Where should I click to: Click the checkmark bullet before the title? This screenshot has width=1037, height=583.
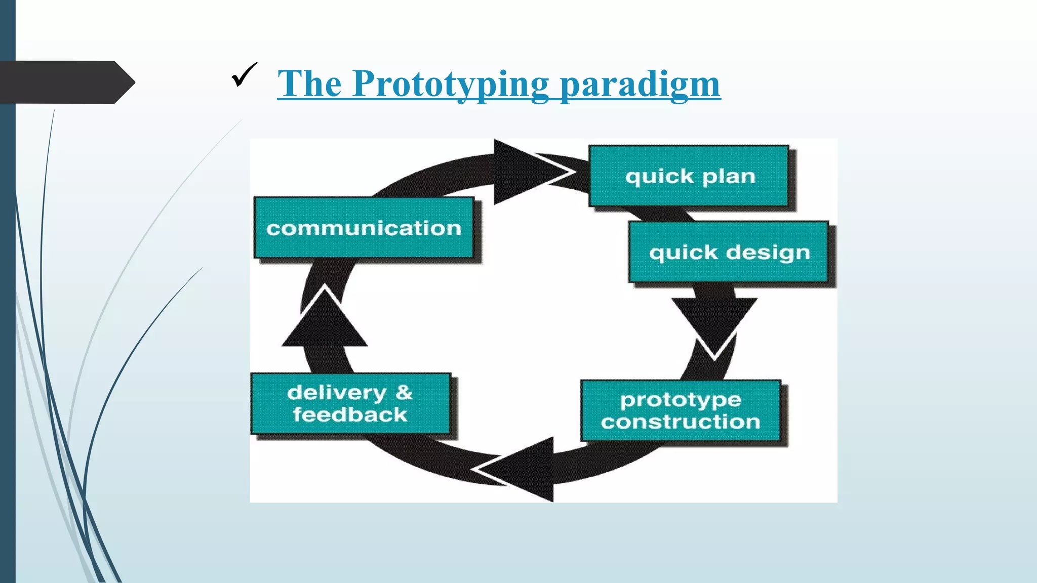[x=244, y=75]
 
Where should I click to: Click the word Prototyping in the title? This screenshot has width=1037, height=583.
[x=451, y=84]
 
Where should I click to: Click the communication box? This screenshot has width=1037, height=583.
[x=364, y=228]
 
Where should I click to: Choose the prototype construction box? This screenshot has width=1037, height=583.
[x=681, y=410]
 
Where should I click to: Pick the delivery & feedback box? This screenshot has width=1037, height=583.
[x=350, y=403]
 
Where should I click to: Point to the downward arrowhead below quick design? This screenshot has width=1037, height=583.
[x=714, y=324]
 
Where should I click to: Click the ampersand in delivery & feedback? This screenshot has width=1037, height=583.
[x=404, y=392]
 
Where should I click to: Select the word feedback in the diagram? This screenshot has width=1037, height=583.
[x=350, y=415]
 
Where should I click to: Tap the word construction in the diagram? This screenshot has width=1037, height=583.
[x=681, y=422]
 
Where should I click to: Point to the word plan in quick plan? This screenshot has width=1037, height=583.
[x=729, y=177]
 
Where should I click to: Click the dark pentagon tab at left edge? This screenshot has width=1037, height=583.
[x=66, y=82]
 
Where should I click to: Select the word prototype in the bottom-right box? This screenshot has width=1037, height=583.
[x=681, y=400]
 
